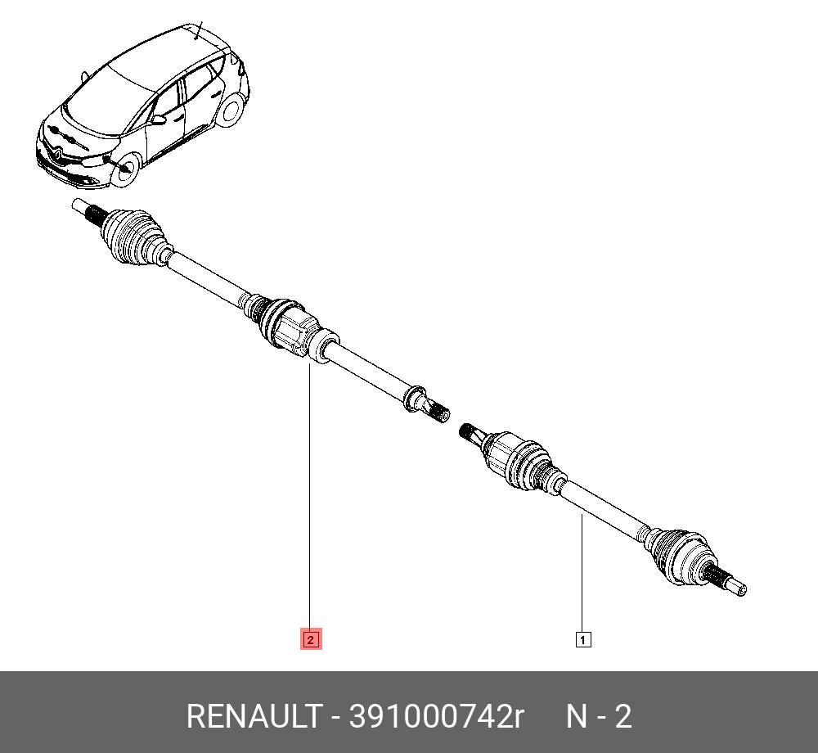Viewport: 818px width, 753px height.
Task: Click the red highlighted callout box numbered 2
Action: point(310,638)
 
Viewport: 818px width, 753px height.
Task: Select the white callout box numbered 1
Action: point(582,639)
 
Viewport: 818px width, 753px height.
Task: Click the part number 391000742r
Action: point(436,716)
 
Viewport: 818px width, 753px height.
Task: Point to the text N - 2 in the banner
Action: point(599,716)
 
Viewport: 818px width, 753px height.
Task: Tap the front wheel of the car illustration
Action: point(124,169)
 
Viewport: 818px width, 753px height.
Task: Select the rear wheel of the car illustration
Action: point(231,109)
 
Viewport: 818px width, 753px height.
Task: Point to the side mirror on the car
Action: point(158,119)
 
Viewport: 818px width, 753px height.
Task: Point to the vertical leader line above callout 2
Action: point(310,496)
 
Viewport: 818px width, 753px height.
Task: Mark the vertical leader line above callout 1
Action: point(582,573)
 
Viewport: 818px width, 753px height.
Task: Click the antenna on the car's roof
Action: point(198,30)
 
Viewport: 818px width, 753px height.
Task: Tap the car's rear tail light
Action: point(241,67)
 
